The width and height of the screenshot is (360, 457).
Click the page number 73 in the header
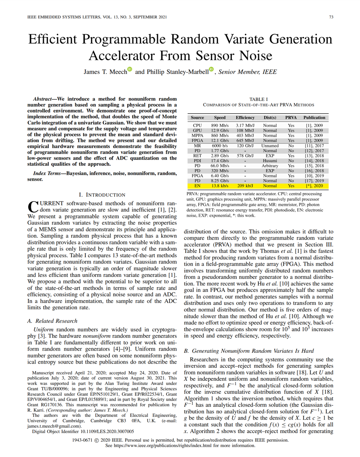[331, 17]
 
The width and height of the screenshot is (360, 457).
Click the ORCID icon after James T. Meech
[130, 69]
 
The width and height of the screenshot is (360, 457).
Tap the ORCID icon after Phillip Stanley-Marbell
[211, 69]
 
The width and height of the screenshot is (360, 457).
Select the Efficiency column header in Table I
[245, 118]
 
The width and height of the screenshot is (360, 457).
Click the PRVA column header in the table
[291, 118]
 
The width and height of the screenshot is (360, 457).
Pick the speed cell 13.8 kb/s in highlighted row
[220, 186]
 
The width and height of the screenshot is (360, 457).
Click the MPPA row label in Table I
[197, 136]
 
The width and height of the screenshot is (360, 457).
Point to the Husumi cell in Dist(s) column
[270, 161]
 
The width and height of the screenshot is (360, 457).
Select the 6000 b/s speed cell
[220, 146]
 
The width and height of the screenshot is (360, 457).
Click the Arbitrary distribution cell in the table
[270, 166]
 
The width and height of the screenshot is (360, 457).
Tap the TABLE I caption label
[258, 99]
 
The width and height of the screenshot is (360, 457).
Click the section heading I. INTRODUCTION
[102, 195]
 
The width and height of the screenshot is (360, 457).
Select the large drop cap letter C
[33, 207]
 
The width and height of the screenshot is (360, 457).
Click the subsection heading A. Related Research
[52, 321]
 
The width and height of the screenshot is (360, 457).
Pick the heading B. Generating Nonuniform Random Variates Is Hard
[249, 351]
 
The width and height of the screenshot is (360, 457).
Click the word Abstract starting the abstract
[42, 99]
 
